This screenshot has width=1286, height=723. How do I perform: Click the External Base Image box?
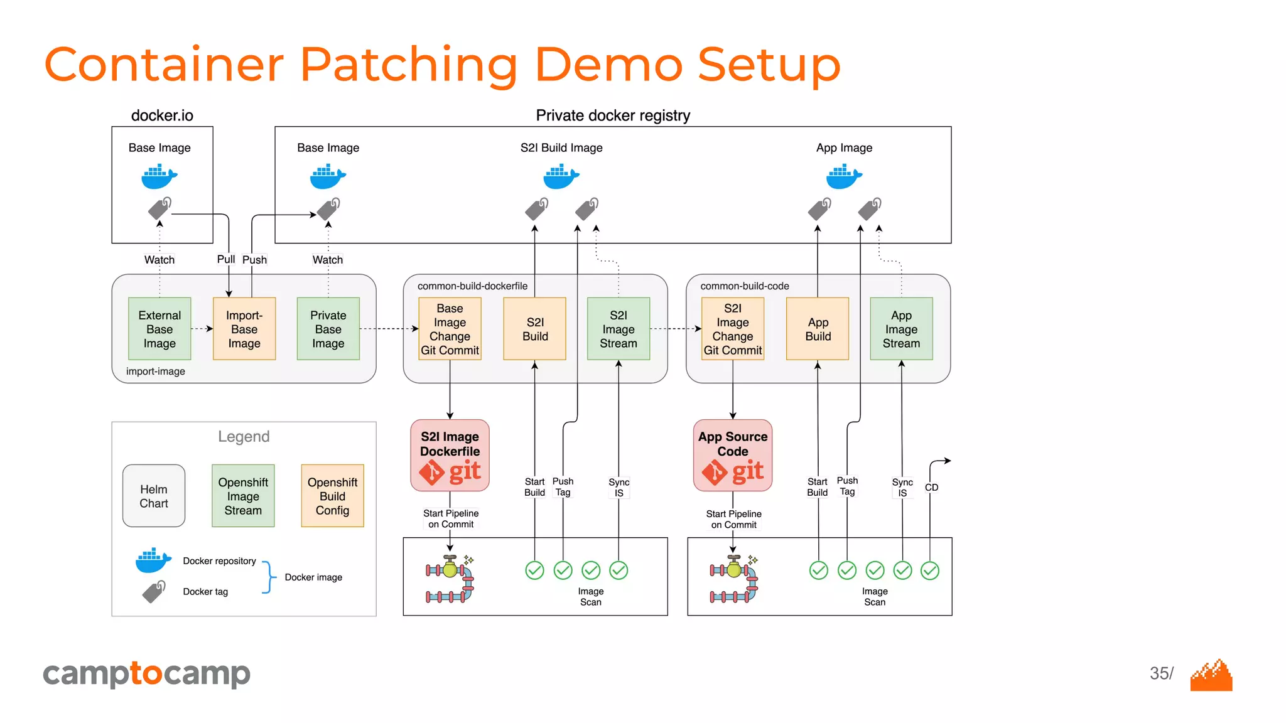[159, 329]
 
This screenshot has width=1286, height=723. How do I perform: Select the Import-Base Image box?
[244, 329]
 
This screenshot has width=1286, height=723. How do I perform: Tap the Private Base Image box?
[328, 329]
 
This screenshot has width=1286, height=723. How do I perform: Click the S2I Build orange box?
[534, 329]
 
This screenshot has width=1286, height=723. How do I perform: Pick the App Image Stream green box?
[901, 329]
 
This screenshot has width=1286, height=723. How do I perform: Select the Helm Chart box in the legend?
[154, 496]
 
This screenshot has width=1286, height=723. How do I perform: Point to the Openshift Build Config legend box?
[332, 496]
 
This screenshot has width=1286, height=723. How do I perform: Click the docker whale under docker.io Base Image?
[159, 176]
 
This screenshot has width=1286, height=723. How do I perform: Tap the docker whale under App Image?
[843, 176]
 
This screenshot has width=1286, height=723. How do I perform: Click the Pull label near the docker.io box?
[225, 259]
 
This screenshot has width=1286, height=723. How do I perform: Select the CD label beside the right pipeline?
[931, 487]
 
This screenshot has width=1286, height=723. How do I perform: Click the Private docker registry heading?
[612, 115]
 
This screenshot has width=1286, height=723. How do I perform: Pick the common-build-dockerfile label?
[472, 286]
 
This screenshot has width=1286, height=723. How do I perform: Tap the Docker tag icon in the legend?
[154, 591]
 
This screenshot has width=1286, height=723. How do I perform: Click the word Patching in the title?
[409, 64]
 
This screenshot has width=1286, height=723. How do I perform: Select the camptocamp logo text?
[146, 674]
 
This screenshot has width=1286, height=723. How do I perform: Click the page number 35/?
[1161, 673]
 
